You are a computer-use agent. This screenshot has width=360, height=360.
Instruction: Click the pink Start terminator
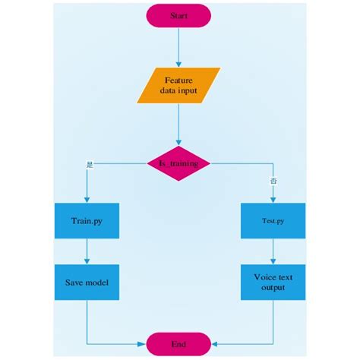(x=179, y=14)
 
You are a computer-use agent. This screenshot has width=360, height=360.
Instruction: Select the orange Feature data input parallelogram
(x=179, y=85)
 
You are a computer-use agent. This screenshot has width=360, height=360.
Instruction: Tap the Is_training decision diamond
(x=179, y=163)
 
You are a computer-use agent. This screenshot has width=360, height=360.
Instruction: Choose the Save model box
(x=87, y=283)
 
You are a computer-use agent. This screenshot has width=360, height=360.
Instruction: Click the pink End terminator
(x=179, y=343)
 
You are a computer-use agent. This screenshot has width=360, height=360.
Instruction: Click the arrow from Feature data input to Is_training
(x=179, y=123)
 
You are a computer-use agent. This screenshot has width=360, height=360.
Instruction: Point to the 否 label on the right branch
(x=273, y=181)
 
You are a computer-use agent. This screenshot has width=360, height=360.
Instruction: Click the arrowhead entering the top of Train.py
(x=87, y=200)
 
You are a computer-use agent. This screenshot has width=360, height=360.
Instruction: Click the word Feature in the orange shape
(x=179, y=79)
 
